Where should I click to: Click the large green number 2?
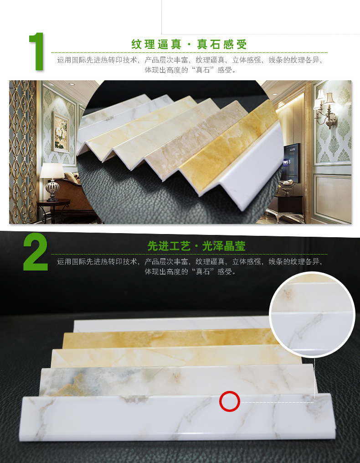point(36,252)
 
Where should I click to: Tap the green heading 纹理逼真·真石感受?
point(189,44)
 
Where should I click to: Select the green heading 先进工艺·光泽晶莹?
point(196,246)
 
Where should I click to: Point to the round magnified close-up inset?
point(312,314)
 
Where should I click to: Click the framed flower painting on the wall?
point(61,132)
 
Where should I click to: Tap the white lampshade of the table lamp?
point(52,171)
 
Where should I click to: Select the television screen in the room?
point(291,162)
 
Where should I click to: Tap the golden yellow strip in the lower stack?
point(171,339)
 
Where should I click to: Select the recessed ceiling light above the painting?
point(72,84)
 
